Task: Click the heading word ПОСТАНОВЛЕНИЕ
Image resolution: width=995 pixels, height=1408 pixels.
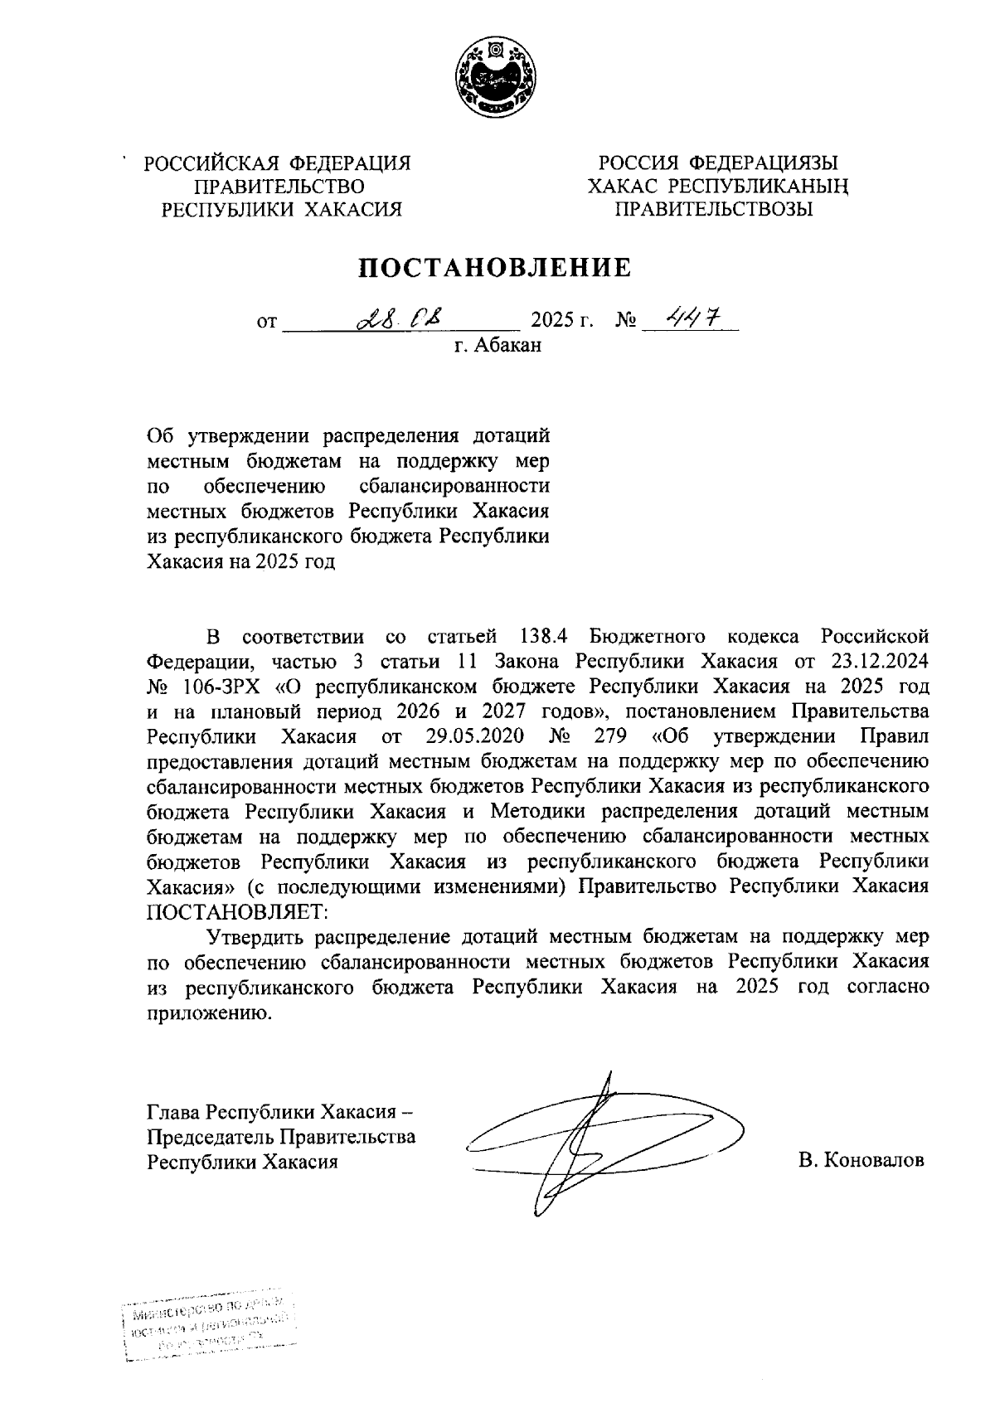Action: (495, 267)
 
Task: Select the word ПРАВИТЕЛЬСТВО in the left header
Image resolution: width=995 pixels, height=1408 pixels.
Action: (278, 187)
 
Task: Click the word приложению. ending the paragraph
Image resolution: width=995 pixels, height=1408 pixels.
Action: (209, 1012)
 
